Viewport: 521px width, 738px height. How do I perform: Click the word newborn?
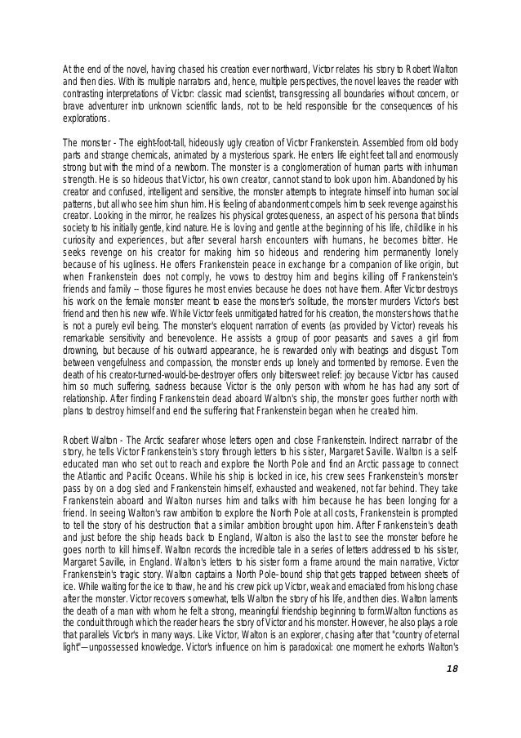point(185,165)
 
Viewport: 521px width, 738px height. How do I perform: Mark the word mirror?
point(152,215)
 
